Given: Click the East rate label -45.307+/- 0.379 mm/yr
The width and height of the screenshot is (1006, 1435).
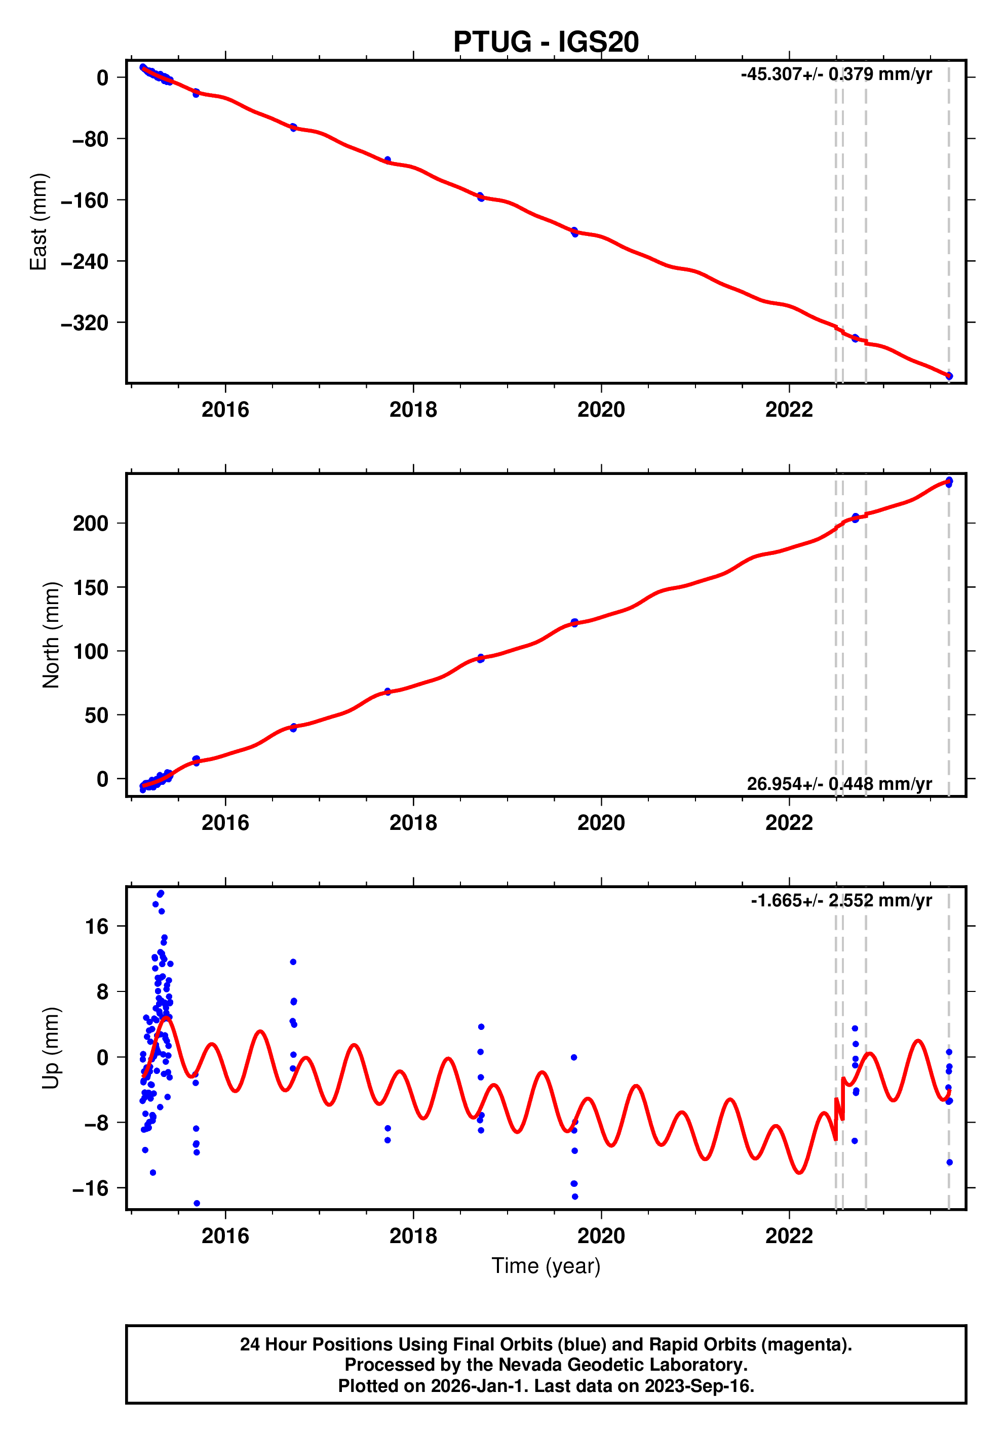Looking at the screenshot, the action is click(835, 74).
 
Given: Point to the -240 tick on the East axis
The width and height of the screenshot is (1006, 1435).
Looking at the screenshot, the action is click(85, 261).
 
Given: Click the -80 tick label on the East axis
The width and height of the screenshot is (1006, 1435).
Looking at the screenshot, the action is click(90, 139).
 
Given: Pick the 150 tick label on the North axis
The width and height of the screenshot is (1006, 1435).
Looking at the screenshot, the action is click(90, 587).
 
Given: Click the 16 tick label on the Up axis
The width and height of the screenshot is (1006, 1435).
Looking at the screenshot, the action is click(96, 926).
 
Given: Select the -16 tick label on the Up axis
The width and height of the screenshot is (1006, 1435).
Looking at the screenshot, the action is click(90, 1188).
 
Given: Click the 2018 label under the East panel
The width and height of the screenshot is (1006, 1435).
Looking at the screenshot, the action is click(413, 410).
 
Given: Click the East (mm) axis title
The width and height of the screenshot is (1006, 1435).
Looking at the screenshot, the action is click(39, 222).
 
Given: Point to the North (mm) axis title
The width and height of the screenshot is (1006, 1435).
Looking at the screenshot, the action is click(51, 635).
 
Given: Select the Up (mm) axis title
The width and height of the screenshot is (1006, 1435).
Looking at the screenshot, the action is click(51, 1048).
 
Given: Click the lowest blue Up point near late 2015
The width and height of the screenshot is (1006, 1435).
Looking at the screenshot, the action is click(197, 1203).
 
